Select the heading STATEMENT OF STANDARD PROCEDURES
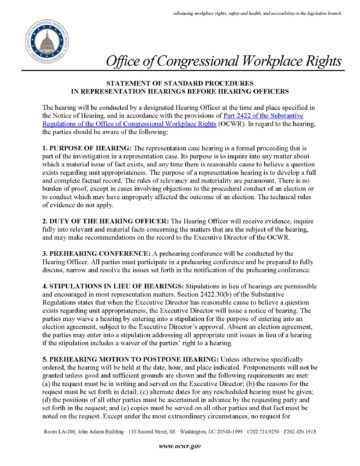pos(180,88)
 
